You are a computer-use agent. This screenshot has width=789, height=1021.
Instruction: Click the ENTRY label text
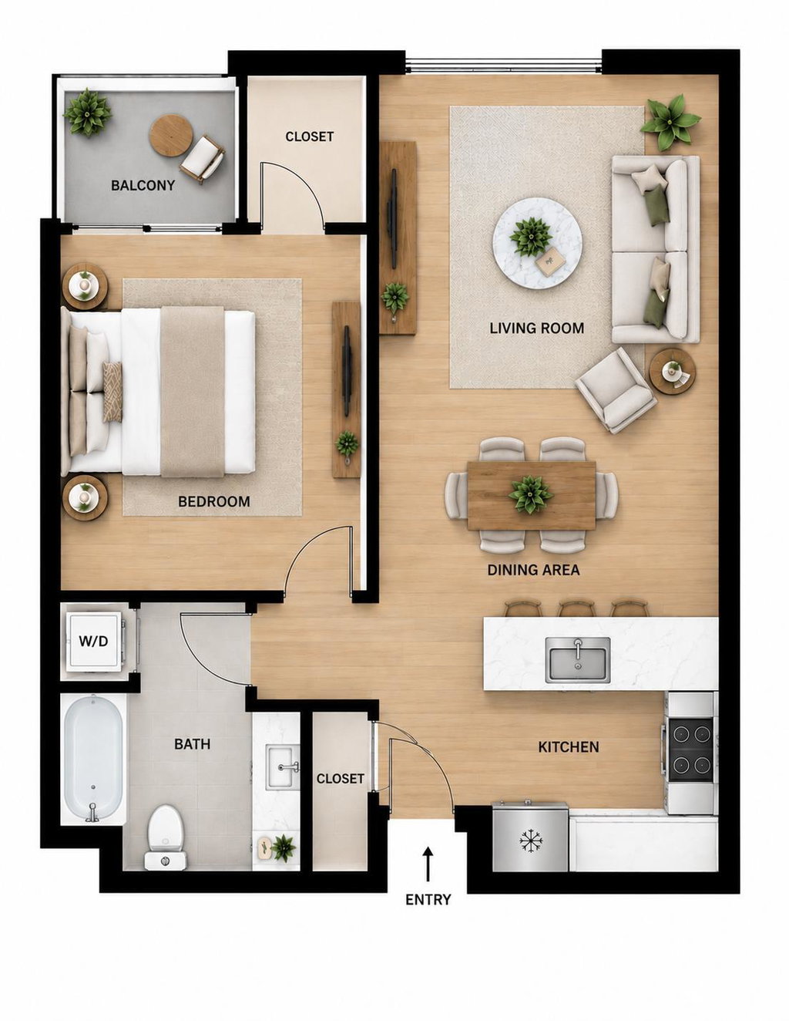(x=428, y=899)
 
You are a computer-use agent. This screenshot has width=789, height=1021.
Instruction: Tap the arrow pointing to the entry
(x=427, y=864)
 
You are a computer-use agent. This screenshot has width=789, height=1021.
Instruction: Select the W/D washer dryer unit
(x=94, y=641)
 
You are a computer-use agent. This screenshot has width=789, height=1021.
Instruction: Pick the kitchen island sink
(x=577, y=659)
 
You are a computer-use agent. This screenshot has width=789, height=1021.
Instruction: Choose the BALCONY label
(x=143, y=186)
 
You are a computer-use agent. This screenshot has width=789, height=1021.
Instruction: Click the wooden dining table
(x=532, y=496)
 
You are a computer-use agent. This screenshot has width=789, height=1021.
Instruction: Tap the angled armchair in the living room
(x=616, y=389)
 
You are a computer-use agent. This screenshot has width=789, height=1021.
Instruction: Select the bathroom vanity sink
(x=283, y=767)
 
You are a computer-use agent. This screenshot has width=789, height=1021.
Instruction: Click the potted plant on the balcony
(x=87, y=112)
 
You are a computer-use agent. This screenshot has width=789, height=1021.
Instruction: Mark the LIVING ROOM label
(x=536, y=328)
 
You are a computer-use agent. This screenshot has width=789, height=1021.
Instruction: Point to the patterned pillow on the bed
(x=112, y=392)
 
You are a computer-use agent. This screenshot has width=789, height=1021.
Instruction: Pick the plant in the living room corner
(x=670, y=121)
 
